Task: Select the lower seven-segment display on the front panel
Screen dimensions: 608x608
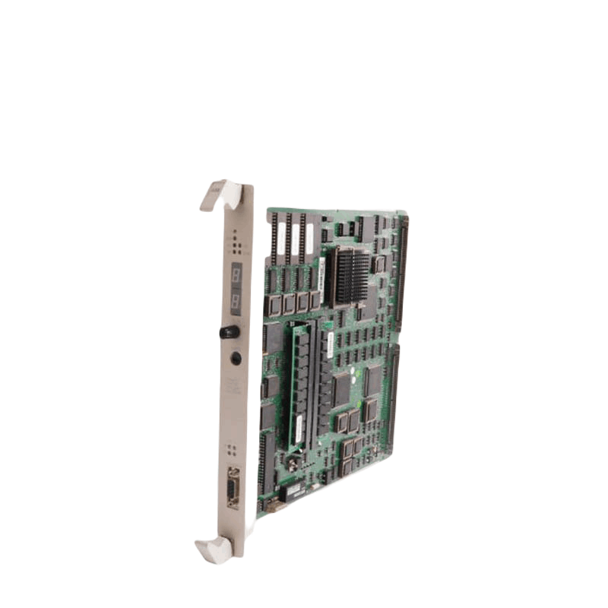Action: [236, 300]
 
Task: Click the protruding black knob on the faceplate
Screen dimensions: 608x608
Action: [228, 331]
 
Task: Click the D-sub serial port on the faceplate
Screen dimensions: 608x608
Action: [233, 488]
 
